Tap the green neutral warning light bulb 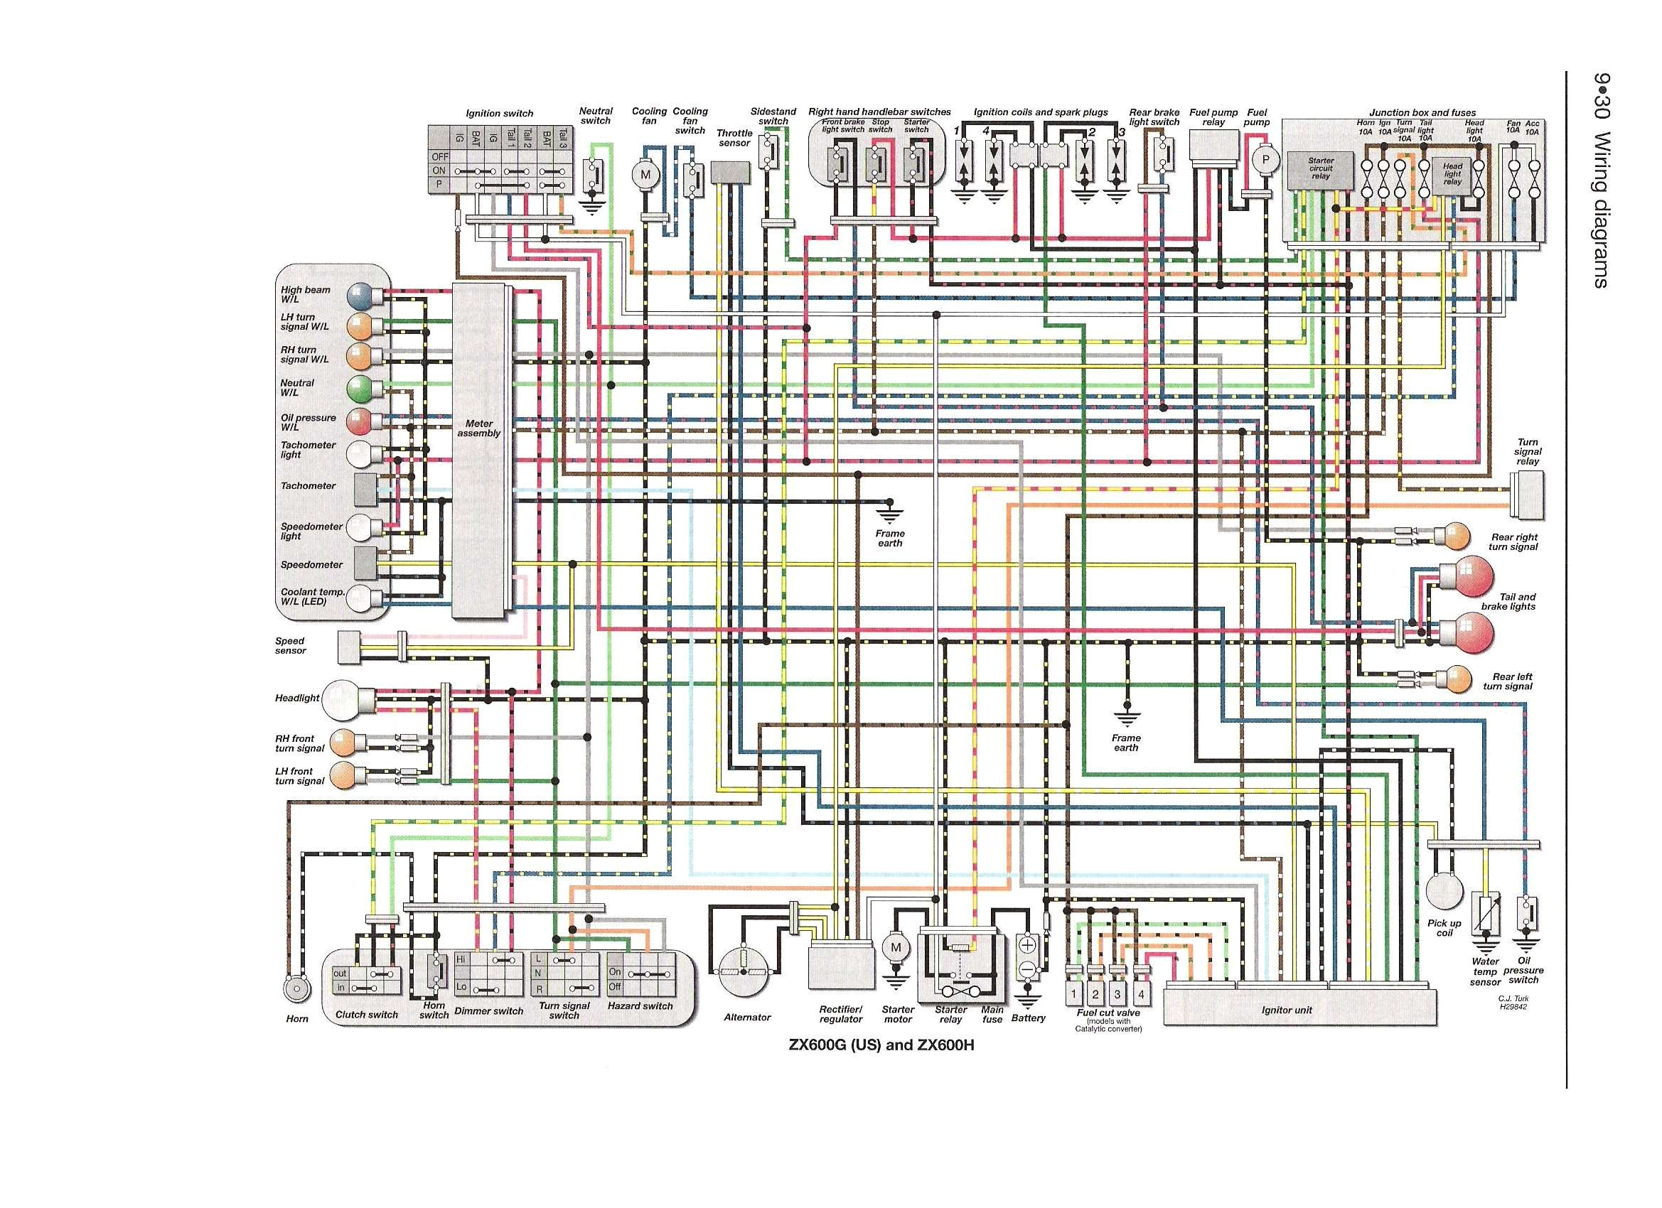click(360, 388)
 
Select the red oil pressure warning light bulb click(360, 422)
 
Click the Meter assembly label click(478, 428)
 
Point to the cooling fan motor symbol click(645, 174)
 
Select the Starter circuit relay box click(1321, 168)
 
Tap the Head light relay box click(1452, 174)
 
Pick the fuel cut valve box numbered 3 click(1117, 994)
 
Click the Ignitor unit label click(1286, 1010)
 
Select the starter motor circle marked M click(896, 947)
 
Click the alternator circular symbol click(744, 971)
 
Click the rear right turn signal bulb click(1457, 536)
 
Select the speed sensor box click(350, 647)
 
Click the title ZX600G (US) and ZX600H click(881, 1045)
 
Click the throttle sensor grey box click(731, 173)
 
